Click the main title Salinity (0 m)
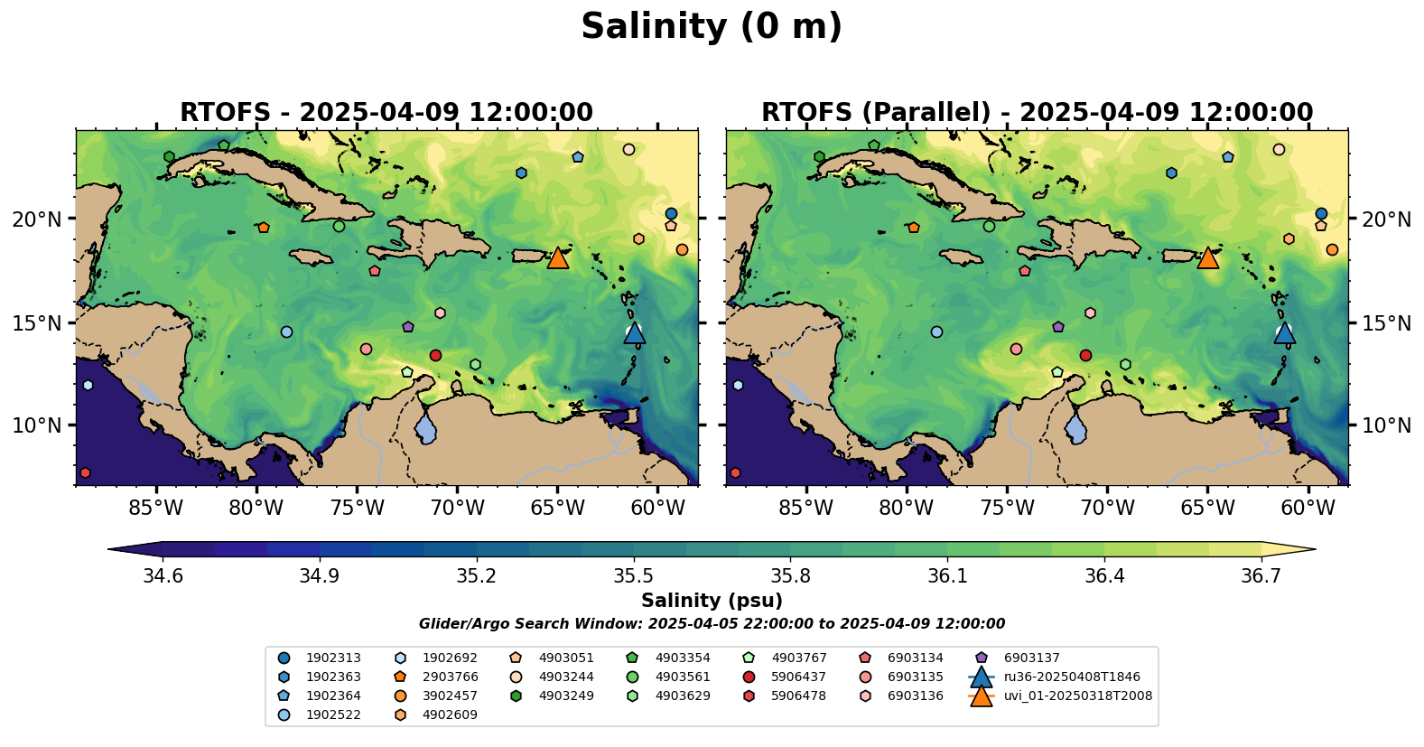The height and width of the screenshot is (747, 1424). [x=712, y=27]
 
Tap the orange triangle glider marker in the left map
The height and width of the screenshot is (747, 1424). [x=557, y=257]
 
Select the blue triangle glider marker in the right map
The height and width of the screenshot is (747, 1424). [x=1284, y=332]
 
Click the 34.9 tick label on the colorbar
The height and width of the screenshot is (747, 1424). [x=319, y=576]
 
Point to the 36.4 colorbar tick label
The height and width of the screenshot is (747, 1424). [x=1104, y=576]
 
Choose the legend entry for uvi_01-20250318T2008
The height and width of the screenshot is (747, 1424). [x=1060, y=696]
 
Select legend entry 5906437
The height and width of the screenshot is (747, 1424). [x=787, y=677]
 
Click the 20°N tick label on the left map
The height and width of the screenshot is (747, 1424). [x=37, y=219]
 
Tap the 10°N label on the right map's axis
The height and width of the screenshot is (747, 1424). [x=1386, y=425]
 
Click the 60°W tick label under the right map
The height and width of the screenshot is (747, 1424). [x=1308, y=508]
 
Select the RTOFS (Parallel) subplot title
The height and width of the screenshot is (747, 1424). [x=1037, y=113]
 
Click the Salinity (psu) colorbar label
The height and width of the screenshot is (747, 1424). [x=712, y=601]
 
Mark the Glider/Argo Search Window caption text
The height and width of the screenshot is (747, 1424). [x=712, y=623]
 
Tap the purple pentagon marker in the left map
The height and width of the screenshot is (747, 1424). [x=408, y=327]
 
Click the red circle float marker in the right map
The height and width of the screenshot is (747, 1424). [x=1085, y=355]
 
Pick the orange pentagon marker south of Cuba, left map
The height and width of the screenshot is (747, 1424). [x=263, y=228]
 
